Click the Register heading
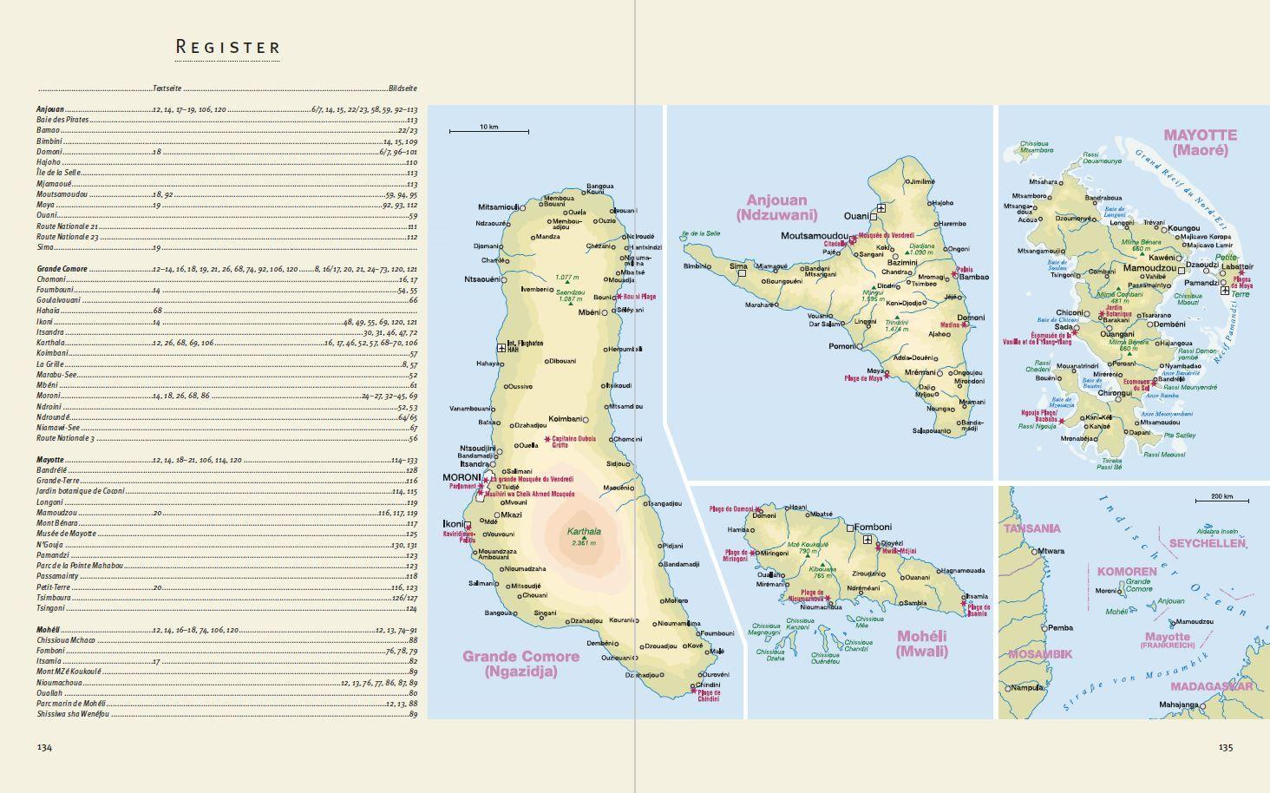(x=228, y=47)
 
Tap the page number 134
(x=44, y=747)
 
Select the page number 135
(x=1225, y=747)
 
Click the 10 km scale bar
(x=488, y=131)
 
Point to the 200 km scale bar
(x=1221, y=500)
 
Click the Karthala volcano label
(x=583, y=533)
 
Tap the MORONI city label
(x=462, y=478)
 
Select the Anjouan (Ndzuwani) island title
(x=776, y=207)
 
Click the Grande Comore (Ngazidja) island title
(x=520, y=663)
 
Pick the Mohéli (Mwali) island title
(x=921, y=643)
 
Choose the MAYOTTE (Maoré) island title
(x=1200, y=141)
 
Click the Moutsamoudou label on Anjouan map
(x=814, y=236)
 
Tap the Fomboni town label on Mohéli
(x=874, y=527)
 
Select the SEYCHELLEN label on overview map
(x=1207, y=543)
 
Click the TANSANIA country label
(x=1031, y=528)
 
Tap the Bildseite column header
(x=403, y=88)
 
